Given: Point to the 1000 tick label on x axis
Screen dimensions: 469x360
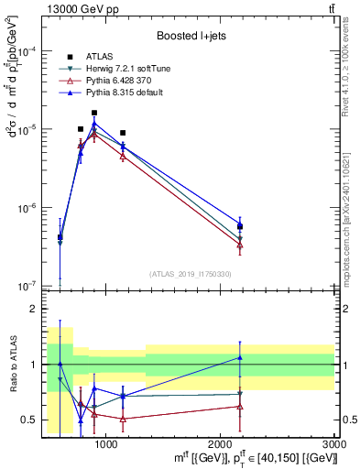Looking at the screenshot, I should pos(106,443).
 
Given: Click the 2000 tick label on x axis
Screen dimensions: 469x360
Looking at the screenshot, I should pos(221,443).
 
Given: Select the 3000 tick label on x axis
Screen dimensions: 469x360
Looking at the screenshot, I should pos(333,443).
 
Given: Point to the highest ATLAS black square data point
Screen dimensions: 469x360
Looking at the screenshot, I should pos(94,113).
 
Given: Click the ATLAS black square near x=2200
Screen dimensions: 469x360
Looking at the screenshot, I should pos(240,226).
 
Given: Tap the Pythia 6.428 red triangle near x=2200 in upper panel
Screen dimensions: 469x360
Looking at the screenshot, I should pos(240,245).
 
